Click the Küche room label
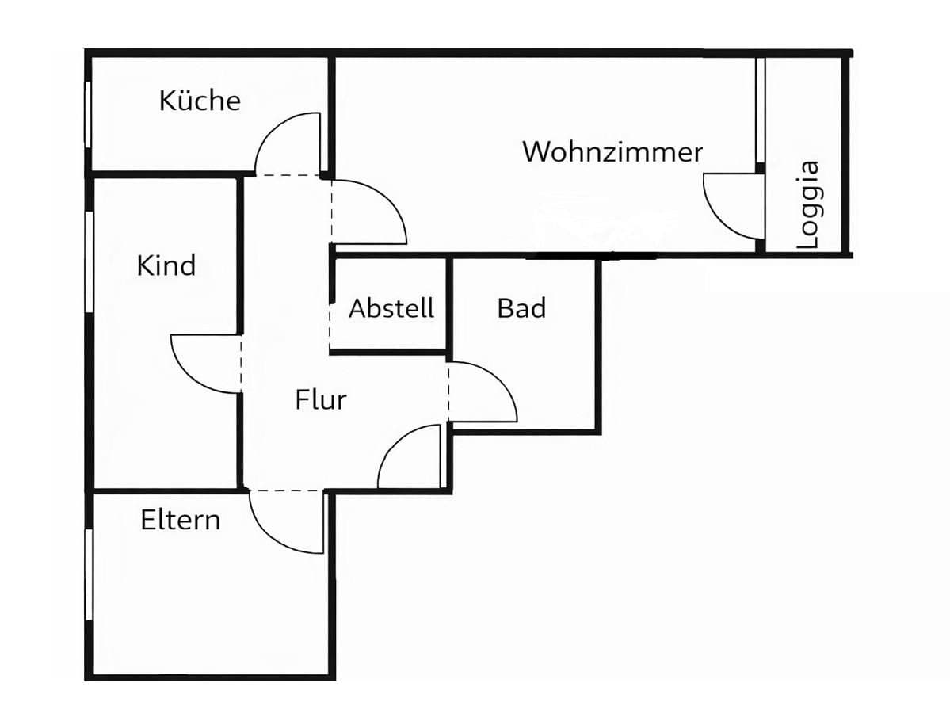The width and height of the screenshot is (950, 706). tap(200, 101)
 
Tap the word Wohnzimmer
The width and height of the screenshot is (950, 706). tap(612, 151)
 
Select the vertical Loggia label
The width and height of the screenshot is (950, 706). tap(808, 205)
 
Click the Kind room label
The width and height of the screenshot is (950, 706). tap(166, 265)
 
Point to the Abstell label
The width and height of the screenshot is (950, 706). tap(391, 308)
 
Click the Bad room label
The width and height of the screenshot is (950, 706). tap(521, 308)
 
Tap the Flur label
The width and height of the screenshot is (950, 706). tap(321, 400)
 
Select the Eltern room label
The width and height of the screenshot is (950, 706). tap(181, 521)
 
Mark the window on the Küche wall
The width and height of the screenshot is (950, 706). tap(88, 113)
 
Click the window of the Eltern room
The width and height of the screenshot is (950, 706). tap(89, 574)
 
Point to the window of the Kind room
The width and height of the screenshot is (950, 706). tap(89, 261)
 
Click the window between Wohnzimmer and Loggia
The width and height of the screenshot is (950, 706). tap(758, 111)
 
